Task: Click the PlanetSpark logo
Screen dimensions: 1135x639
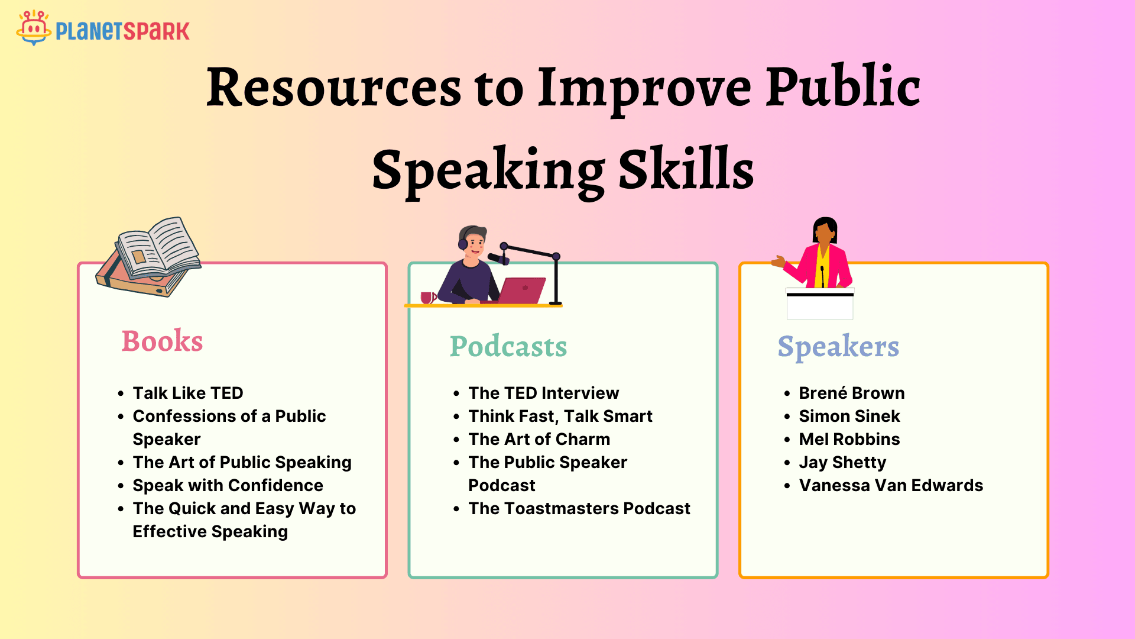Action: [103, 28]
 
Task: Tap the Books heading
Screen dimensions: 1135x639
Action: [163, 341]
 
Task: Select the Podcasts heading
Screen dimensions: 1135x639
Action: [508, 347]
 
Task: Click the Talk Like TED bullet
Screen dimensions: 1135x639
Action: [188, 393]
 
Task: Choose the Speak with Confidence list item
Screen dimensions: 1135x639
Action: [228, 485]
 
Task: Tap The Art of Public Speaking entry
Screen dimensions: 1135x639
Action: [242, 462]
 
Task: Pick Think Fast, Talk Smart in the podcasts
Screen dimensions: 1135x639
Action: [560, 417]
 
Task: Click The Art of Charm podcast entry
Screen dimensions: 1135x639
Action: [539, 439]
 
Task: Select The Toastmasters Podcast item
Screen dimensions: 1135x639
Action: [579, 508]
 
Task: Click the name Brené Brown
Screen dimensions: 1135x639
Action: [852, 393]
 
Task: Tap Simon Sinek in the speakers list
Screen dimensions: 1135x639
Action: [849, 416]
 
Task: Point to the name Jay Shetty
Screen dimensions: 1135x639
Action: [842, 463]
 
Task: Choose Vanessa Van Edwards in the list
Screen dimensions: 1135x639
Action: [891, 485]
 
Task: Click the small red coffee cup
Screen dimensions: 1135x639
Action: [428, 298]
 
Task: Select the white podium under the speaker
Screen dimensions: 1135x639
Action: [820, 304]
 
